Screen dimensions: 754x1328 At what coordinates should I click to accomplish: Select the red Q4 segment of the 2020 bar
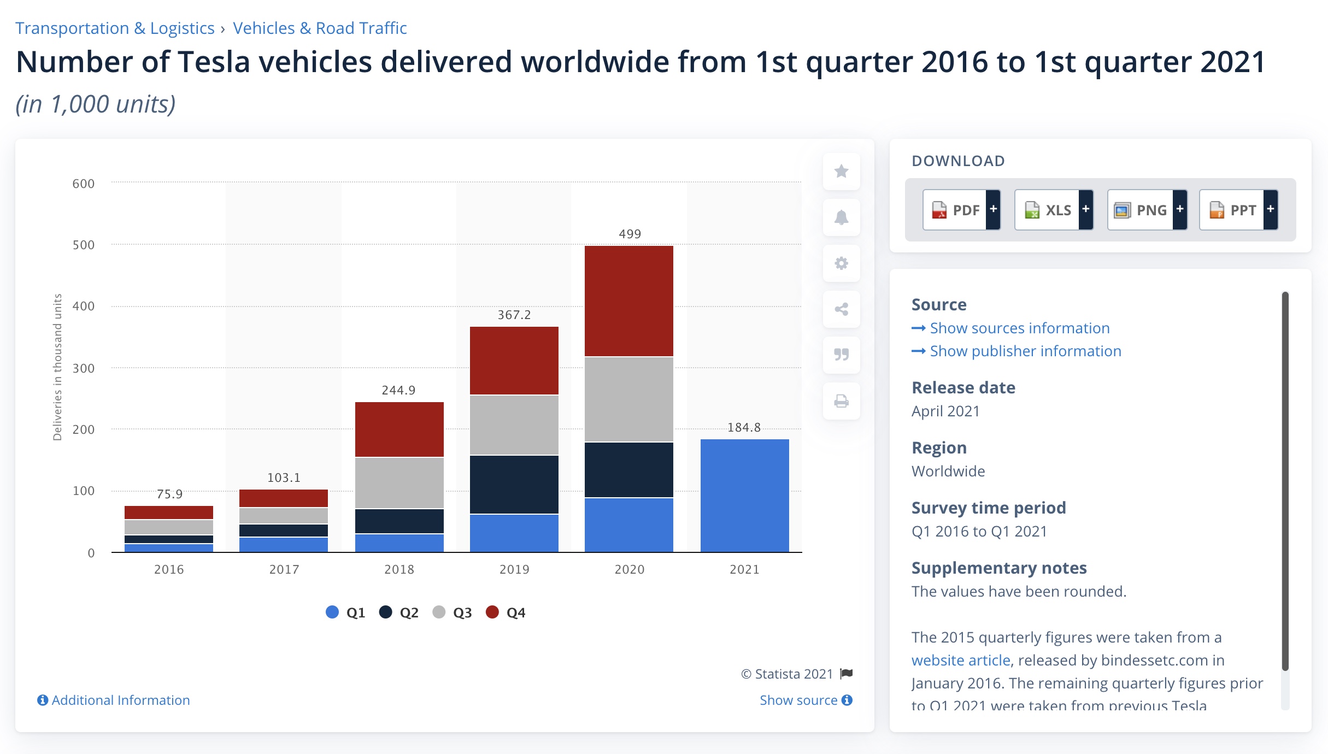[x=628, y=301]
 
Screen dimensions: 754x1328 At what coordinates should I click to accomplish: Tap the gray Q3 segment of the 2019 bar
[x=514, y=425]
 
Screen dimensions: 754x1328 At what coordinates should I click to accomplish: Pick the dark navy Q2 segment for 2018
[x=399, y=521]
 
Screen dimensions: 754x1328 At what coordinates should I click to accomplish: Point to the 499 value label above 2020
[x=630, y=234]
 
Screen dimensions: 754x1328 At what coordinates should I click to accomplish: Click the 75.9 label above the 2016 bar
[x=169, y=494]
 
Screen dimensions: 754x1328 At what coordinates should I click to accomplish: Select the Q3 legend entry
[x=453, y=612]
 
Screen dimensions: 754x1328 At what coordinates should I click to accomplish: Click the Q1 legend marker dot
[x=332, y=612]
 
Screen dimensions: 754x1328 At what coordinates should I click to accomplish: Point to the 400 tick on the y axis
[x=84, y=306]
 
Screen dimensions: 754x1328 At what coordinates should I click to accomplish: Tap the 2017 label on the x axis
[x=284, y=569]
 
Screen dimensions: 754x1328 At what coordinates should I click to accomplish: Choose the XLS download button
[x=1053, y=210]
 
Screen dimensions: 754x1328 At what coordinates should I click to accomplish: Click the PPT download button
[x=1238, y=210]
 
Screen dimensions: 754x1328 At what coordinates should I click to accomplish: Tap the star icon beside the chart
[x=841, y=172]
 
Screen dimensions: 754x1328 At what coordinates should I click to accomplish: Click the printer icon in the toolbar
[x=841, y=402]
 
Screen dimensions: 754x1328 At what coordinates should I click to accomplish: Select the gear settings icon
[x=841, y=263]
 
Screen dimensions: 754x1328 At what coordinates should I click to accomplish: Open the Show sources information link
[x=1019, y=328]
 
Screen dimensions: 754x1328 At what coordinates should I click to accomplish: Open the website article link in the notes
[x=960, y=660]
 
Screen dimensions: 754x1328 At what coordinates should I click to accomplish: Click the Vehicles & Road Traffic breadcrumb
[x=320, y=28]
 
